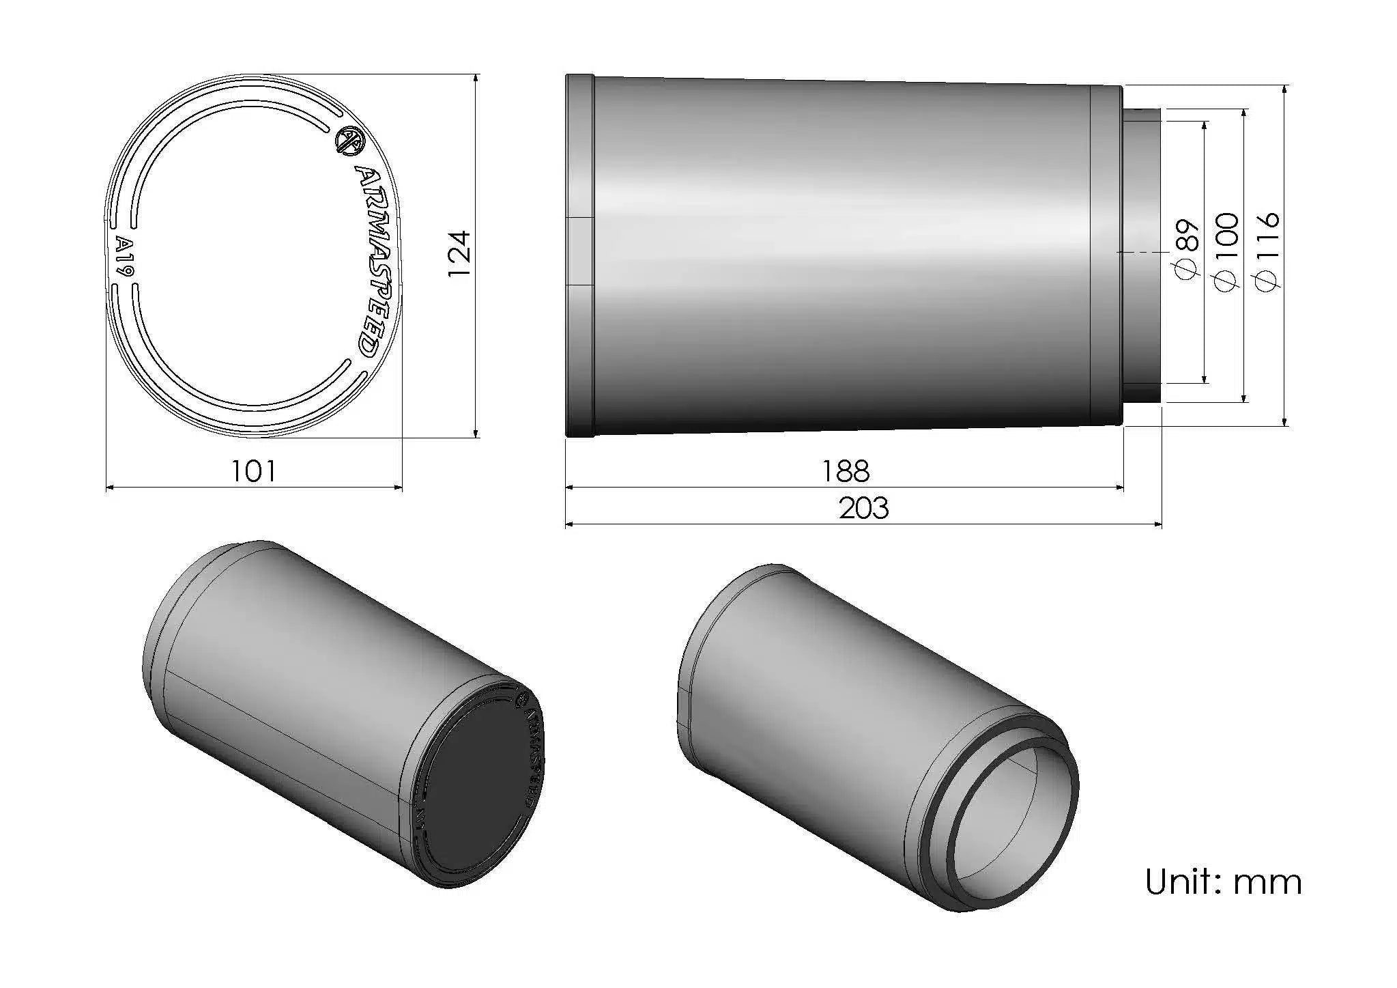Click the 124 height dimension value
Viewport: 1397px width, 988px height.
pos(459,253)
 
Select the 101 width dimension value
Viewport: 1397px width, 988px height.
pos(254,471)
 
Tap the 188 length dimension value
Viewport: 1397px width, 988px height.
pos(846,471)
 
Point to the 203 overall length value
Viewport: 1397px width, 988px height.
pos(863,509)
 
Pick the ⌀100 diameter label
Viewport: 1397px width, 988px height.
pos(1226,252)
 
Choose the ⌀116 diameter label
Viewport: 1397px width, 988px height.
pos(1267,252)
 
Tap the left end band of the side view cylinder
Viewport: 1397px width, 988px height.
pos(580,255)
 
